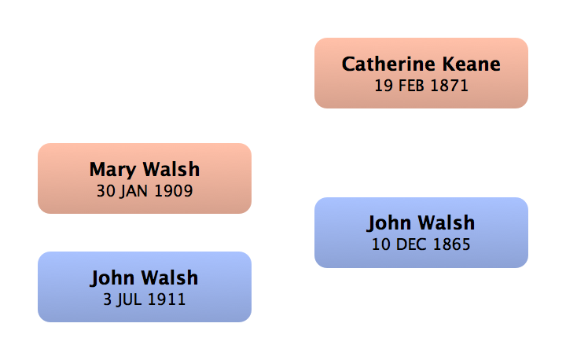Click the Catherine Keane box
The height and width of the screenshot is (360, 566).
(421, 73)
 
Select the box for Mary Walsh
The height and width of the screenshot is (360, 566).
(145, 178)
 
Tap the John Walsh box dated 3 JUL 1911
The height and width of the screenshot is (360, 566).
(145, 287)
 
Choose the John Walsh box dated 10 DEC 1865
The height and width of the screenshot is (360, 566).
(421, 233)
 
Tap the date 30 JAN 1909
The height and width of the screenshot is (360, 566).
(145, 191)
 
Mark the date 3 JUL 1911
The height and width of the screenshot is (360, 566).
(145, 299)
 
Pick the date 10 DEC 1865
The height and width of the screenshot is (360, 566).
(421, 244)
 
